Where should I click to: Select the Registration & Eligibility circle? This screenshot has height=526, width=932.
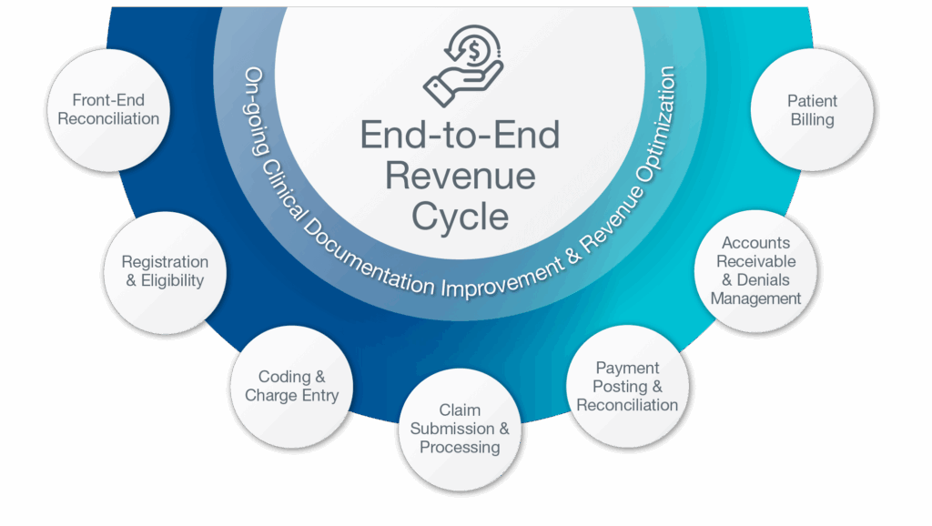coord(165,271)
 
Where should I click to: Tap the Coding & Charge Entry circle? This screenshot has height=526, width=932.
coord(291,386)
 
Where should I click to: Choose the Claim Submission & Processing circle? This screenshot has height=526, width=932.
coord(460,429)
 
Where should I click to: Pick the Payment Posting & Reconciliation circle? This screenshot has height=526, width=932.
coord(627,386)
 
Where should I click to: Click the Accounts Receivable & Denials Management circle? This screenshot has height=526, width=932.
coord(755,270)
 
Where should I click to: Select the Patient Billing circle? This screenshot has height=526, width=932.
coord(812,110)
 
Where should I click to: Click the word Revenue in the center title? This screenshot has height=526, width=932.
coord(460,175)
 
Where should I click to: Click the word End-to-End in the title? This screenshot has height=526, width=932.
coord(460,135)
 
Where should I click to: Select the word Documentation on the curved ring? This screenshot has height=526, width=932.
coord(364,264)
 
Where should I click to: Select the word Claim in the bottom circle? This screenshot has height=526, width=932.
coord(460,410)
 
